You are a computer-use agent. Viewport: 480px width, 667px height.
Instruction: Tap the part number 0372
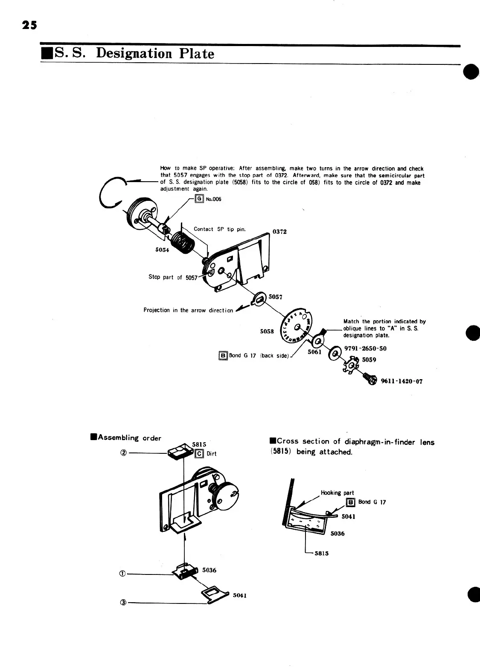(x=279, y=232)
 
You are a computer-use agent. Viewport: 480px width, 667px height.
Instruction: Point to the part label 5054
(x=162, y=250)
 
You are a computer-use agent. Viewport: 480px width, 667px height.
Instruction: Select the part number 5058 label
(x=267, y=331)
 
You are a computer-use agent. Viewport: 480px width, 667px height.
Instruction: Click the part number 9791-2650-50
(x=365, y=348)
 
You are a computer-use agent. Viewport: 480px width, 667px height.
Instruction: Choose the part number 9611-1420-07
(x=401, y=381)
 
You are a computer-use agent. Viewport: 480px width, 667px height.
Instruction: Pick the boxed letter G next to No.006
(x=199, y=199)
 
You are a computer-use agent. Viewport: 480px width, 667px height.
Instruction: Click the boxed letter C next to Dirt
(x=199, y=454)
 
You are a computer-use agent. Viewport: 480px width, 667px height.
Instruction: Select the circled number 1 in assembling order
(x=123, y=574)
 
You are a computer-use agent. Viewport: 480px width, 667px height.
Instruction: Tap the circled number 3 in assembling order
(x=123, y=603)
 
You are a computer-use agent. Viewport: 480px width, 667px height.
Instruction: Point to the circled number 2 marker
(x=123, y=453)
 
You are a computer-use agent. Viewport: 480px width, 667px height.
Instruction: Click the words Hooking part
(x=337, y=493)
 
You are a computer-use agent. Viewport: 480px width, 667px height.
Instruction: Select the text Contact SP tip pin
(x=219, y=229)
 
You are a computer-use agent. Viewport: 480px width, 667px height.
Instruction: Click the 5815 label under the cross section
(x=322, y=554)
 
